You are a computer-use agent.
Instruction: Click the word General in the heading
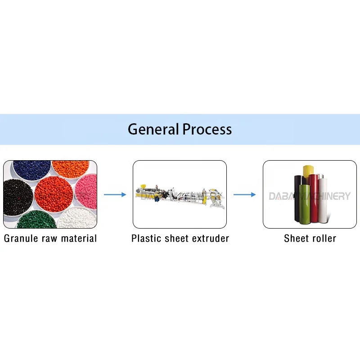pos(153,130)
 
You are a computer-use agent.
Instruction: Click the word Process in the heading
pos(207,130)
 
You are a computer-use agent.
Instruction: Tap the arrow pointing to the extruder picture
pos(115,194)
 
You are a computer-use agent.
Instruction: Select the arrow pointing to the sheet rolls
pos(244,194)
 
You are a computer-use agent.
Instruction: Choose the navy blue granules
pos(31,170)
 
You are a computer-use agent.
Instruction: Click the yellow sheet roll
pos(308,171)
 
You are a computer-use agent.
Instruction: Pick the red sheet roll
pos(314,198)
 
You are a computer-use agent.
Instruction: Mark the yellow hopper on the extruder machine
pos(140,187)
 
